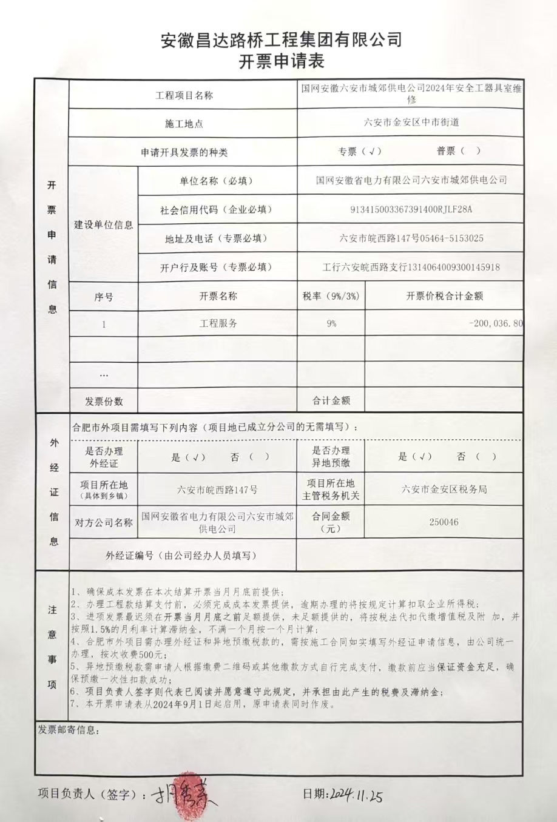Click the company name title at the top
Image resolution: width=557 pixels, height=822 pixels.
[282, 41]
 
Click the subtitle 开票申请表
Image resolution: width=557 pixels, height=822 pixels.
[282, 61]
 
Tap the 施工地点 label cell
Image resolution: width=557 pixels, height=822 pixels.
[184, 124]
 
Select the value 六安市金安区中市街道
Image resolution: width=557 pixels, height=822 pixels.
[411, 123]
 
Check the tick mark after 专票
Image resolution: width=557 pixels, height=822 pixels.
[372, 151]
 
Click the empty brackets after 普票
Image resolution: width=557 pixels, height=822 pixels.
[470, 151]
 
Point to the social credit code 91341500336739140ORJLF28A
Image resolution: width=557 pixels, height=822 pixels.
[411, 209]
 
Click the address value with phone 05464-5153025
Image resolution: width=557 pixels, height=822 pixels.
[411, 238]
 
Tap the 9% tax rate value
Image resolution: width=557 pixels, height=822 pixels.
[331, 324]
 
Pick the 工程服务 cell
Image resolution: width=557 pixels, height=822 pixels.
[218, 324]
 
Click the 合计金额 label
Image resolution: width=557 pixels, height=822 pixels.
[331, 400]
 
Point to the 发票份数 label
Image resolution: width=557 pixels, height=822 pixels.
[104, 401]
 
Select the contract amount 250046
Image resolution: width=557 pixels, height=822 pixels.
[444, 522]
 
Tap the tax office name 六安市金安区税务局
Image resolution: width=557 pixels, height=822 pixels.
[444, 490]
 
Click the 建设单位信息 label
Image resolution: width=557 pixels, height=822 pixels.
[104, 224]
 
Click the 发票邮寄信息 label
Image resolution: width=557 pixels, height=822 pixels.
[68, 730]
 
